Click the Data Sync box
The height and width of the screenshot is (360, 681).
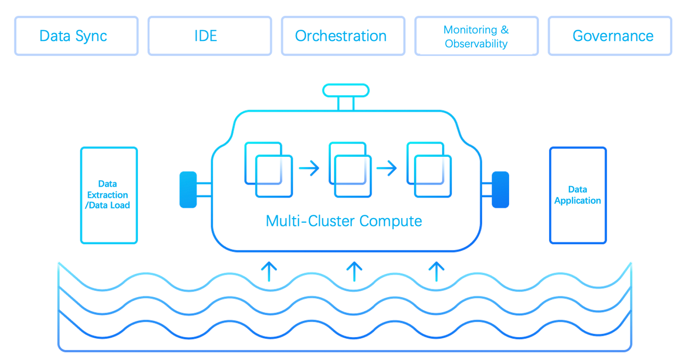tap(76, 36)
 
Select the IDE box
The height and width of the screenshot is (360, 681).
tap(210, 36)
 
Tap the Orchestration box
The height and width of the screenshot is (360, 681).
tap(343, 36)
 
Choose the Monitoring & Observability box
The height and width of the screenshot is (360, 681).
tap(476, 36)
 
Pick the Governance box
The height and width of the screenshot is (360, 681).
tap(610, 36)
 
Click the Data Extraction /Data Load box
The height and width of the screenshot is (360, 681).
tap(109, 195)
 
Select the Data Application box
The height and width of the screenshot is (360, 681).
tap(577, 195)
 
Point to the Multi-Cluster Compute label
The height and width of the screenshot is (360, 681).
tap(344, 221)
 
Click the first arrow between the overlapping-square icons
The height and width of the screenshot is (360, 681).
tap(309, 169)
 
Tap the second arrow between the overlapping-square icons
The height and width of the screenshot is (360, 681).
tap(387, 169)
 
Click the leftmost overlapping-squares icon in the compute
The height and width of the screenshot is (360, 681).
tap(268, 170)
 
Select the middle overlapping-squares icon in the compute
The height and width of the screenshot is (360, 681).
tap(349, 170)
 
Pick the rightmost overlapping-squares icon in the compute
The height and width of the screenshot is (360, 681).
tap(429, 170)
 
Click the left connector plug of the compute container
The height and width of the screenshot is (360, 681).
tap(188, 189)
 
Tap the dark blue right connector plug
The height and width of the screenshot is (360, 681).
tap(500, 189)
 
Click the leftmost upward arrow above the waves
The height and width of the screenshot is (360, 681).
tap(270, 271)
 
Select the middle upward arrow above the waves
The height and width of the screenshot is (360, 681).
tap(354, 271)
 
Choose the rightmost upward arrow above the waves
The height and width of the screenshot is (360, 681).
tap(436, 271)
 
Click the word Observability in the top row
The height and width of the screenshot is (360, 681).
tap(476, 44)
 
